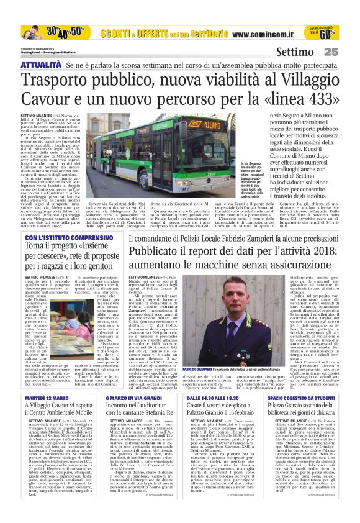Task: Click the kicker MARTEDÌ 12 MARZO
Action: (42, 396)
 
